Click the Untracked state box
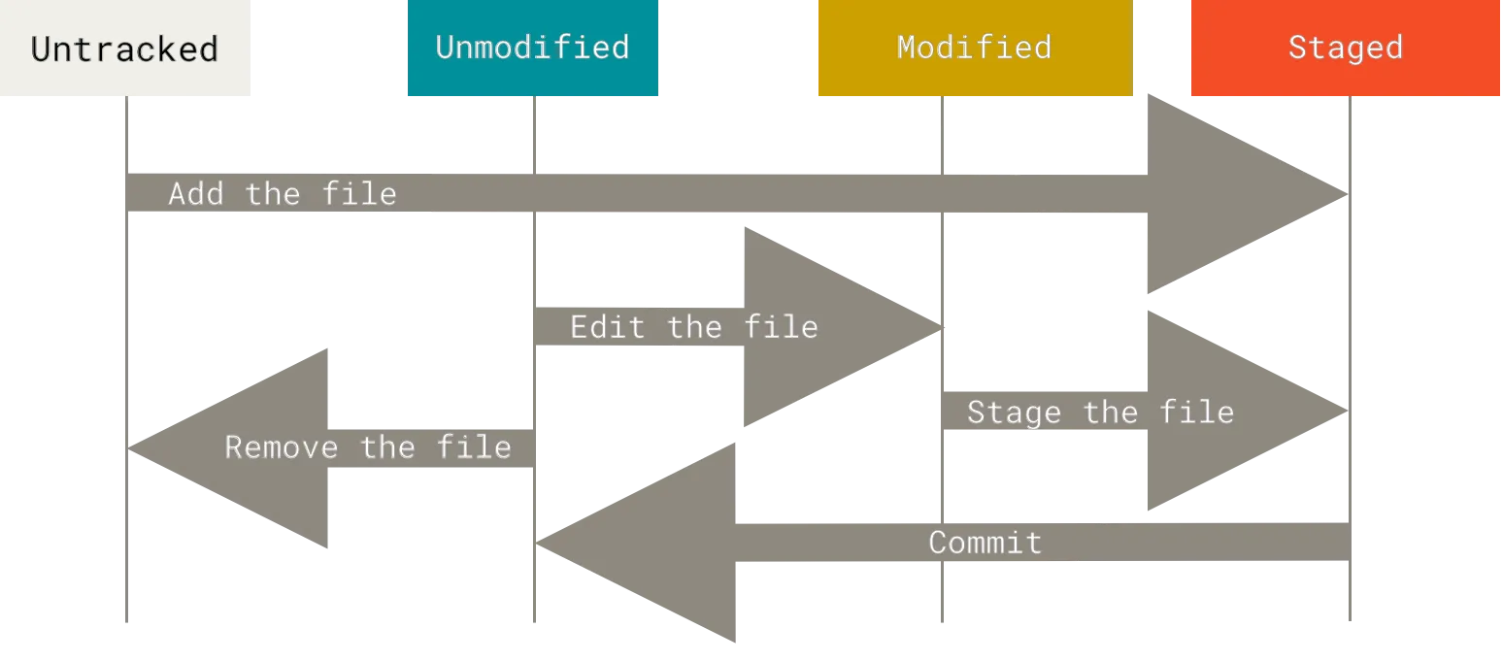click(127, 50)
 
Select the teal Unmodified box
click(532, 50)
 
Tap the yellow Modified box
click(974, 50)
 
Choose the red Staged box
click(1345, 50)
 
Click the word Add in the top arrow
click(196, 194)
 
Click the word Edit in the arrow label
click(607, 327)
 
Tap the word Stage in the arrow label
click(1014, 413)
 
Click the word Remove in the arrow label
click(282, 447)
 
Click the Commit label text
click(985, 543)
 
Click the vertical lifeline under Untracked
click(127, 582)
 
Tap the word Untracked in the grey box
click(124, 50)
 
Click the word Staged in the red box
click(1345, 48)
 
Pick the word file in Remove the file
click(474, 447)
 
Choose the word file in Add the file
click(359, 194)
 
